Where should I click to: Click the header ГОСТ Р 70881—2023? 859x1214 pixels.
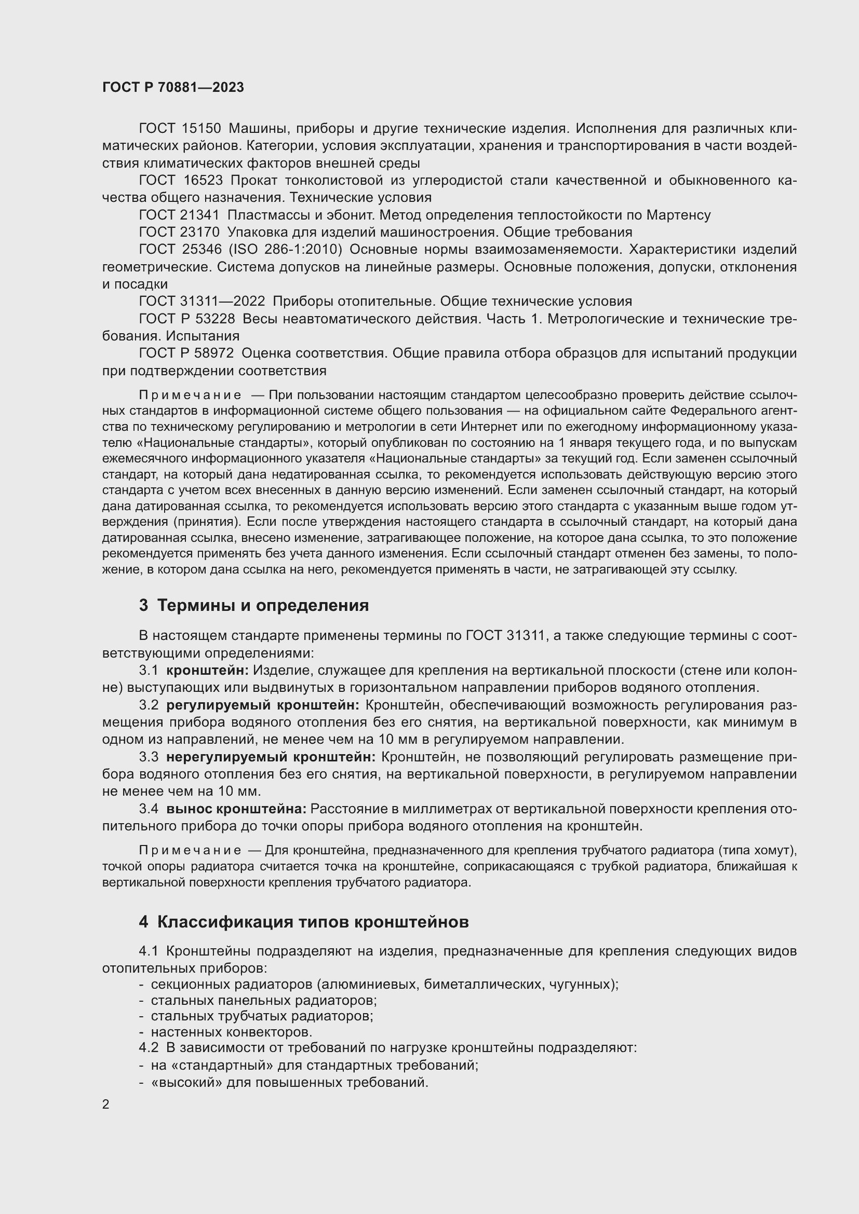coord(173,87)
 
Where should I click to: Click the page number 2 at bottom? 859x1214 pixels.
coord(106,1104)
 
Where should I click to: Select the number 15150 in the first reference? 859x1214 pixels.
coord(201,129)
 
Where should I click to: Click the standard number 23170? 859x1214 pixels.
coord(201,232)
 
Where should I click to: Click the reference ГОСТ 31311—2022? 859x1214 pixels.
coord(202,302)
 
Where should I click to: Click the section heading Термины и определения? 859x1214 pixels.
coord(263,605)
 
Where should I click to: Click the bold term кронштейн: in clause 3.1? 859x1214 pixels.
coord(207,671)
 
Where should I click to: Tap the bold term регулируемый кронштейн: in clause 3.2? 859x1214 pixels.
coord(263,705)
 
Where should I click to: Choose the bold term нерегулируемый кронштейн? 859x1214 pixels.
coord(271,757)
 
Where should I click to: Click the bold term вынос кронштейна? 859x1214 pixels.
coord(236,809)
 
